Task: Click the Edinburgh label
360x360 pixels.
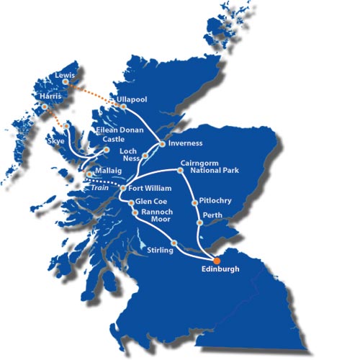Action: click(x=220, y=271)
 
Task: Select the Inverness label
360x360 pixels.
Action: click(x=187, y=143)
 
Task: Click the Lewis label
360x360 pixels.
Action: click(x=66, y=74)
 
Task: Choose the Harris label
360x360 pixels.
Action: click(x=55, y=96)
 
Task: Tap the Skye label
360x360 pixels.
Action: click(x=56, y=142)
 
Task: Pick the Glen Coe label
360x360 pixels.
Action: click(x=152, y=202)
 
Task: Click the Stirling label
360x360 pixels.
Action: click(x=160, y=250)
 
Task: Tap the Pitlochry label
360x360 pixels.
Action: click(x=217, y=201)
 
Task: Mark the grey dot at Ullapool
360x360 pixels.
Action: click(x=124, y=107)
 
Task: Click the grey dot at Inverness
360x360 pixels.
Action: click(x=163, y=144)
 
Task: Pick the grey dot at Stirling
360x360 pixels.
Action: click(x=174, y=242)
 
